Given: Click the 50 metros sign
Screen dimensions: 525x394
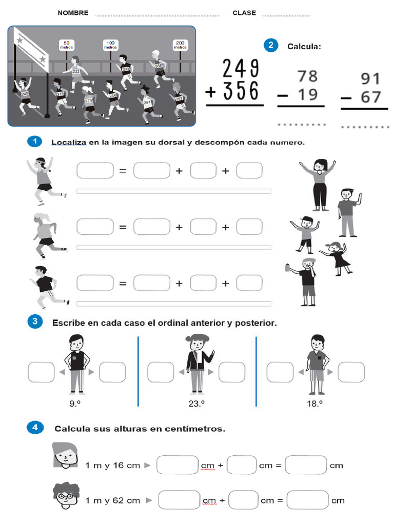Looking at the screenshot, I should pyautogui.click(x=66, y=45).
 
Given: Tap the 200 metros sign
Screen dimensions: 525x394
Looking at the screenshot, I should pyautogui.click(x=180, y=45).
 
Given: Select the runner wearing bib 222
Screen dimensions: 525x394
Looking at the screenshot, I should pyautogui.click(x=76, y=72).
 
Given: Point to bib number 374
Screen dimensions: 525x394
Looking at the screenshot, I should pyautogui.click(x=89, y=100).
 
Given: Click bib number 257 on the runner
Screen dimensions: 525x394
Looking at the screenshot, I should pyautogui.click(x=179, y=98).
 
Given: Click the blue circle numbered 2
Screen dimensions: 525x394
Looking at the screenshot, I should pyautogui.click(x=271, y=45).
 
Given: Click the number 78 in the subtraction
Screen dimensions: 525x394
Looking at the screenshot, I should pyautogui.click(x=307, y=76).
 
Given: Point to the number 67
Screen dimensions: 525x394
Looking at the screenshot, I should pyautogui.click(x=370, y=97).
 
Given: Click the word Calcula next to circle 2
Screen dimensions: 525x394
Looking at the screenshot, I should pyautogui.click(x=304, y=47).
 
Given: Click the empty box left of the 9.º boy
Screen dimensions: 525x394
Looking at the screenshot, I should pyautogui.click(x=41, y=372).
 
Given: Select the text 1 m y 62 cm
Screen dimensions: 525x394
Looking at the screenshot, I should pyautogui.click(x=112, y=500).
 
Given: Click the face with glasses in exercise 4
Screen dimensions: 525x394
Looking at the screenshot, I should pyautogui.click(x=66, y=495).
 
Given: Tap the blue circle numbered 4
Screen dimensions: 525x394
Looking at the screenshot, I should pyautogui.click(x=34, y=428).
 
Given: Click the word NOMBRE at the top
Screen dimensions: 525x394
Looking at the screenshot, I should pyautogui.click(x=73, y=13).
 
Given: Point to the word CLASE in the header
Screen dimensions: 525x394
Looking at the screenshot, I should pyautogui.click(x=244, y=13).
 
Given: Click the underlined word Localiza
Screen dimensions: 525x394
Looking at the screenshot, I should pyautogui.click(x=69, y=143).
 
